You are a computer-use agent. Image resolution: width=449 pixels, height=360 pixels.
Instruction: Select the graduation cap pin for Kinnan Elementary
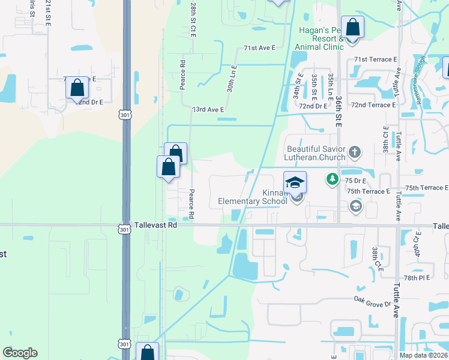pos(295,182)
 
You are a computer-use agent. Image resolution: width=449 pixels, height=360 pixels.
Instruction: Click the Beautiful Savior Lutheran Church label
pos(316,153)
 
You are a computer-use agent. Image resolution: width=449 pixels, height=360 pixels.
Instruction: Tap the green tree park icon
pos(332,179)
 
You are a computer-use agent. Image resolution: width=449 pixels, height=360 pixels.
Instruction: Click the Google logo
pos(20,353)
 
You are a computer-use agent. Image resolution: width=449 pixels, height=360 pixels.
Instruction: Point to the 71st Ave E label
pos(259,47)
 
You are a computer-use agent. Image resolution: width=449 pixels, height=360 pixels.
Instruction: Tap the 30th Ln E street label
pos(231,79)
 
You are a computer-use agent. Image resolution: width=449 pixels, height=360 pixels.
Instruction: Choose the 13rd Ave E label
pos(208,110)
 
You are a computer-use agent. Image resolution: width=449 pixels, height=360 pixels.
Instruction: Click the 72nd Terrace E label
pos(373,105)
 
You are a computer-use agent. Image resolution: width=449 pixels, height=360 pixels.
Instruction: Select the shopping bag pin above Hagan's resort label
pos(352,28)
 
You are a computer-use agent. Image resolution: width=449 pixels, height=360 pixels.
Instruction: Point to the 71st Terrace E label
pos(376,59)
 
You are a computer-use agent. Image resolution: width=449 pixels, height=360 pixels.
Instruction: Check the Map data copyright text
pos(423,355)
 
